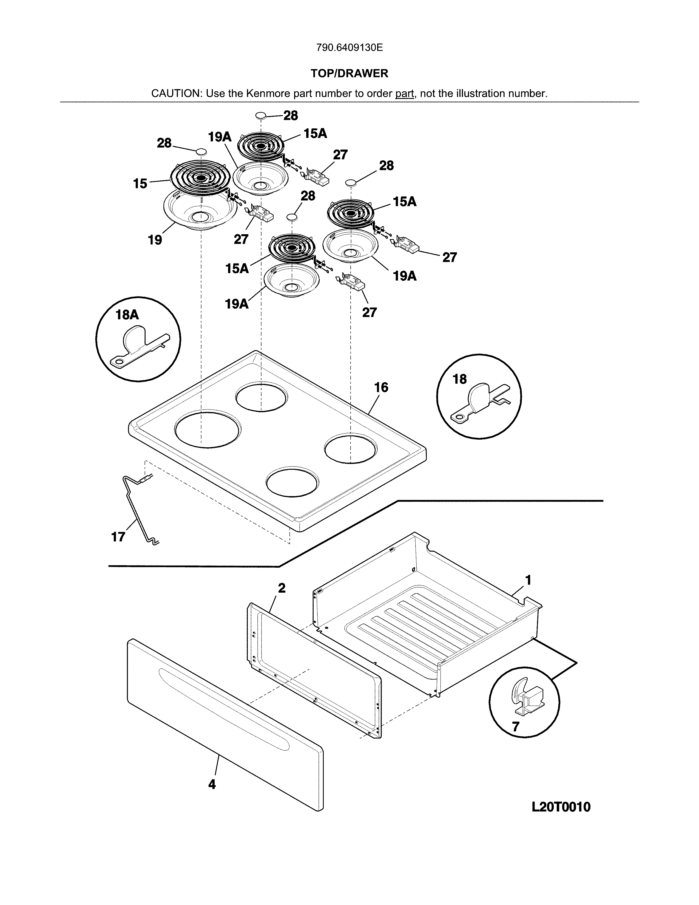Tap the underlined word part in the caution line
pyautogui.click(x=405, y=94)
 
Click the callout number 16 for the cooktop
pyautogui.click(x=381, y=388)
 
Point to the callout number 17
pyautogui.click(x=118, y=537)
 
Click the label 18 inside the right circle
pyautogui.click(x=460, y=379)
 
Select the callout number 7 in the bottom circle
pyautogui.click(x=516, y=727)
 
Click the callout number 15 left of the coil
pyautogui.click(x=140, y=183)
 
